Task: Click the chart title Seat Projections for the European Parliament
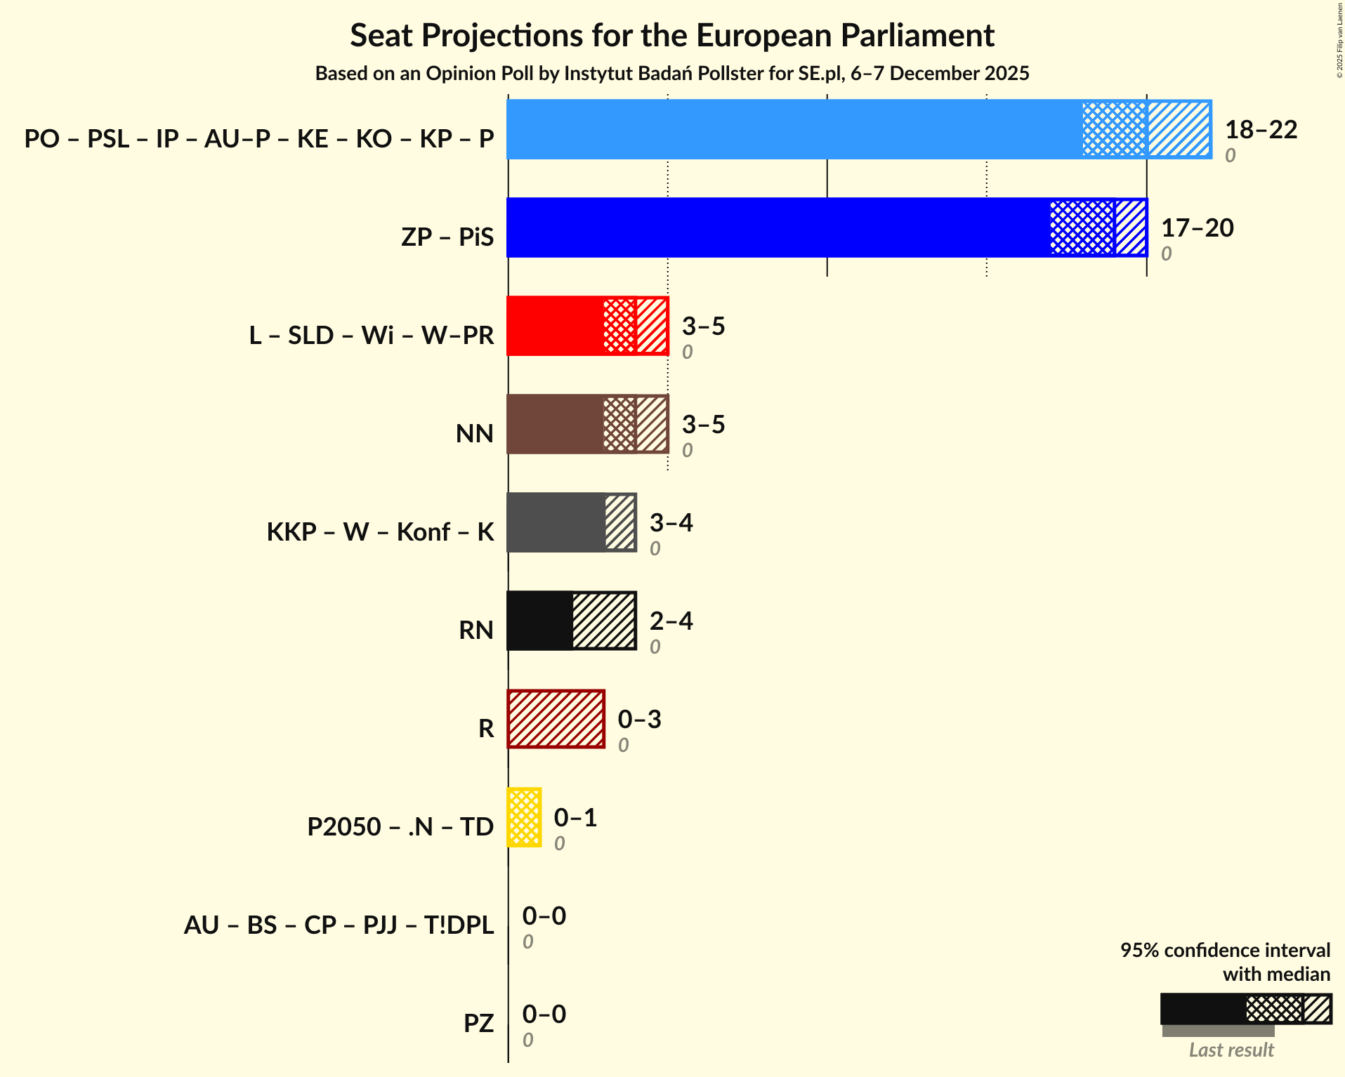[x=672, y=35]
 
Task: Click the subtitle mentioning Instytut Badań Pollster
[x=672, y=74]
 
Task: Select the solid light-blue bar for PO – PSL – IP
[x=794, y=130]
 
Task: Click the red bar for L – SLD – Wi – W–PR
[x=555, y=326]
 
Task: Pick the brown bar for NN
[x=555, y=425]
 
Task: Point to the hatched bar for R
[x=556, y=720]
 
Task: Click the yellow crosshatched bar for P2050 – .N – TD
[x=524, y=818]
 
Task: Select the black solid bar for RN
[x=539, y=621]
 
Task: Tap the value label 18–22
[x=1261, y=130]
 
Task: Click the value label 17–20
[x=1197, y=228]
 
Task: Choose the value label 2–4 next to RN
[x=671, y=621]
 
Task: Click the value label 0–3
[x=639, y=720]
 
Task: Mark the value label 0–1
[x=575, y=818]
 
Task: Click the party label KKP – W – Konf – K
[x=380, y=532]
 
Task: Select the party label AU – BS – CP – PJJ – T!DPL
[x=339, y=925]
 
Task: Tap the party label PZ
[x=478, y=1024]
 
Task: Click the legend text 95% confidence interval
[x=1225, y=951]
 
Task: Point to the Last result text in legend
[x=1231, y=1050]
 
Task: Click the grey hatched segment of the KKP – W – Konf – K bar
[x=620, y=523]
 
